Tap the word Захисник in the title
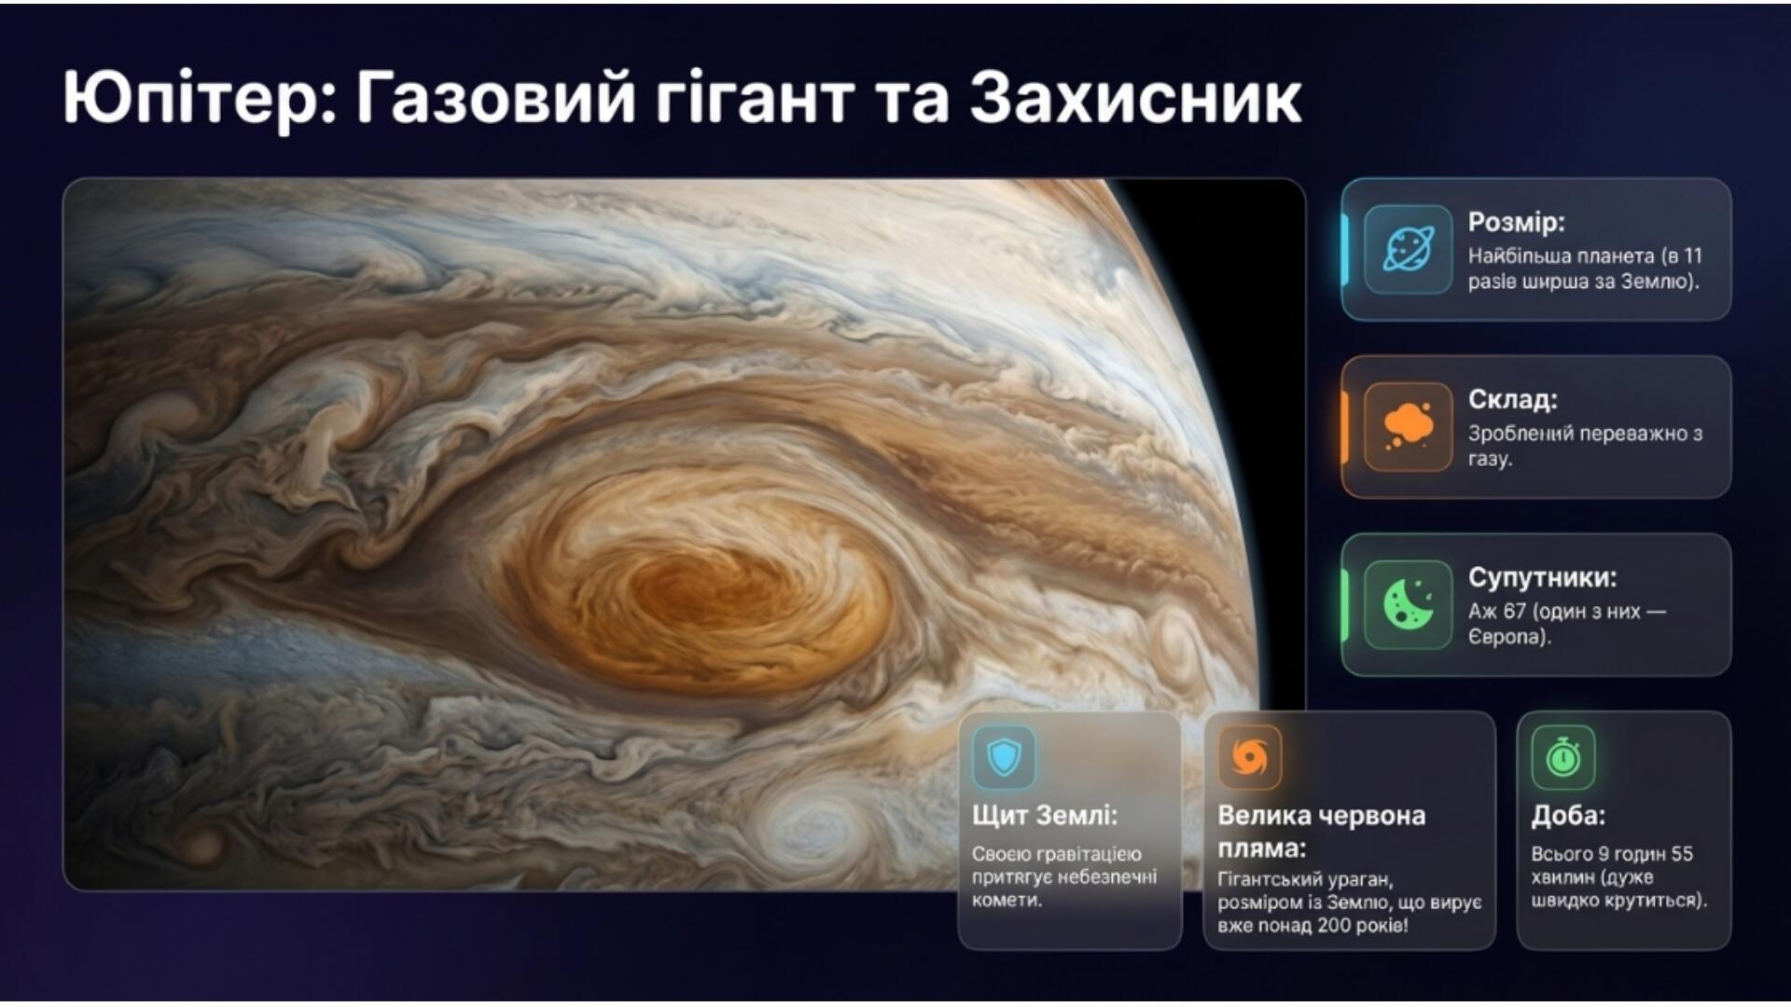point(1135,97)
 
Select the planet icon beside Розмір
point(1408,250)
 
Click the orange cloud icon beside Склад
point(1408,427)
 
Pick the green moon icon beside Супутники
point(1408,604)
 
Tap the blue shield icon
point(1004,756)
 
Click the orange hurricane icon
point(1250,756)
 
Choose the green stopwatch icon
point(1563,756)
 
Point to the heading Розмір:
point(1516,222)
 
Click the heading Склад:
point(1512,399)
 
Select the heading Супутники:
point(1542,577)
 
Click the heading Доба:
point(1567,816)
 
